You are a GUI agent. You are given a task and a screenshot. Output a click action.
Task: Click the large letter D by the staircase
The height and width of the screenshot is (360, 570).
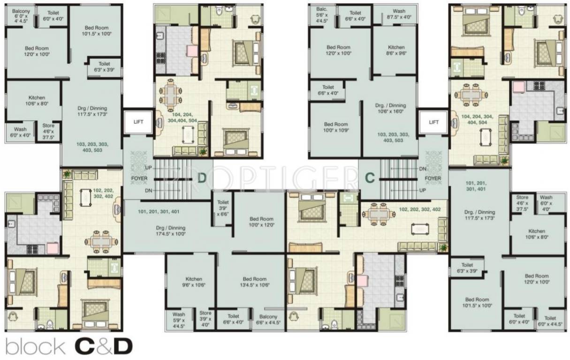click(x=202, y=178)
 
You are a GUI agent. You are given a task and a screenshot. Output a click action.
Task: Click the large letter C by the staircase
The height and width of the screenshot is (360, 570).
click(x=370, y=178)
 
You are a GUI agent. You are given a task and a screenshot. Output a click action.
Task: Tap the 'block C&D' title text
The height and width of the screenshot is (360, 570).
click(x=69, y=346)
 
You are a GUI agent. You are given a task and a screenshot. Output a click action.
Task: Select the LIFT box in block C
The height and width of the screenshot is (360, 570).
click(x=433, y=122)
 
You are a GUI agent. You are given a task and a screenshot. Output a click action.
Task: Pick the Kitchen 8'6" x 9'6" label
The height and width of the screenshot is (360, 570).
click(x=396, y=50)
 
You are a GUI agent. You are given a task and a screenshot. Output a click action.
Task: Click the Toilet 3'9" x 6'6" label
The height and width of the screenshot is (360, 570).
click(x=222, y=208)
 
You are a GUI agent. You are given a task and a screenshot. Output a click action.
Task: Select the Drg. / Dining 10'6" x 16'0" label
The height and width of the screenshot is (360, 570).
click(x=390, y=108)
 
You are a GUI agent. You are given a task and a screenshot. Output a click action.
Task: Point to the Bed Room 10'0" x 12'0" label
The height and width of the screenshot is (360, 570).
click(x=261, y=222)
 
